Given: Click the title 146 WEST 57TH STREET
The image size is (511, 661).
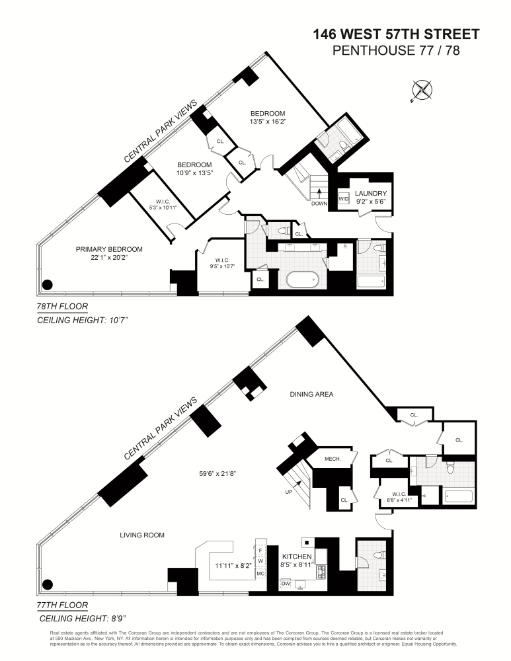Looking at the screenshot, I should [396, 34].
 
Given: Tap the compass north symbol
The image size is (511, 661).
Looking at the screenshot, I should [421, 90].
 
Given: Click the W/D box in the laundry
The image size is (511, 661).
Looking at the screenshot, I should [344, 199].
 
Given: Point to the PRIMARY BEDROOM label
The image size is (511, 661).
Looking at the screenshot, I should [109, 249].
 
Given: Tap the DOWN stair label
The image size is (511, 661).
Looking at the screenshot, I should [319, 204].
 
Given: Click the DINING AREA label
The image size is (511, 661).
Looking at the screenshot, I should [311, 395].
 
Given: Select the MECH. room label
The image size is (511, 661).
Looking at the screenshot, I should [332, 459].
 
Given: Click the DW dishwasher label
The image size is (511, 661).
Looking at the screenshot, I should [286, 584].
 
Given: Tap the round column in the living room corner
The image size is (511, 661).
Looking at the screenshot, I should [46, 584].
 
